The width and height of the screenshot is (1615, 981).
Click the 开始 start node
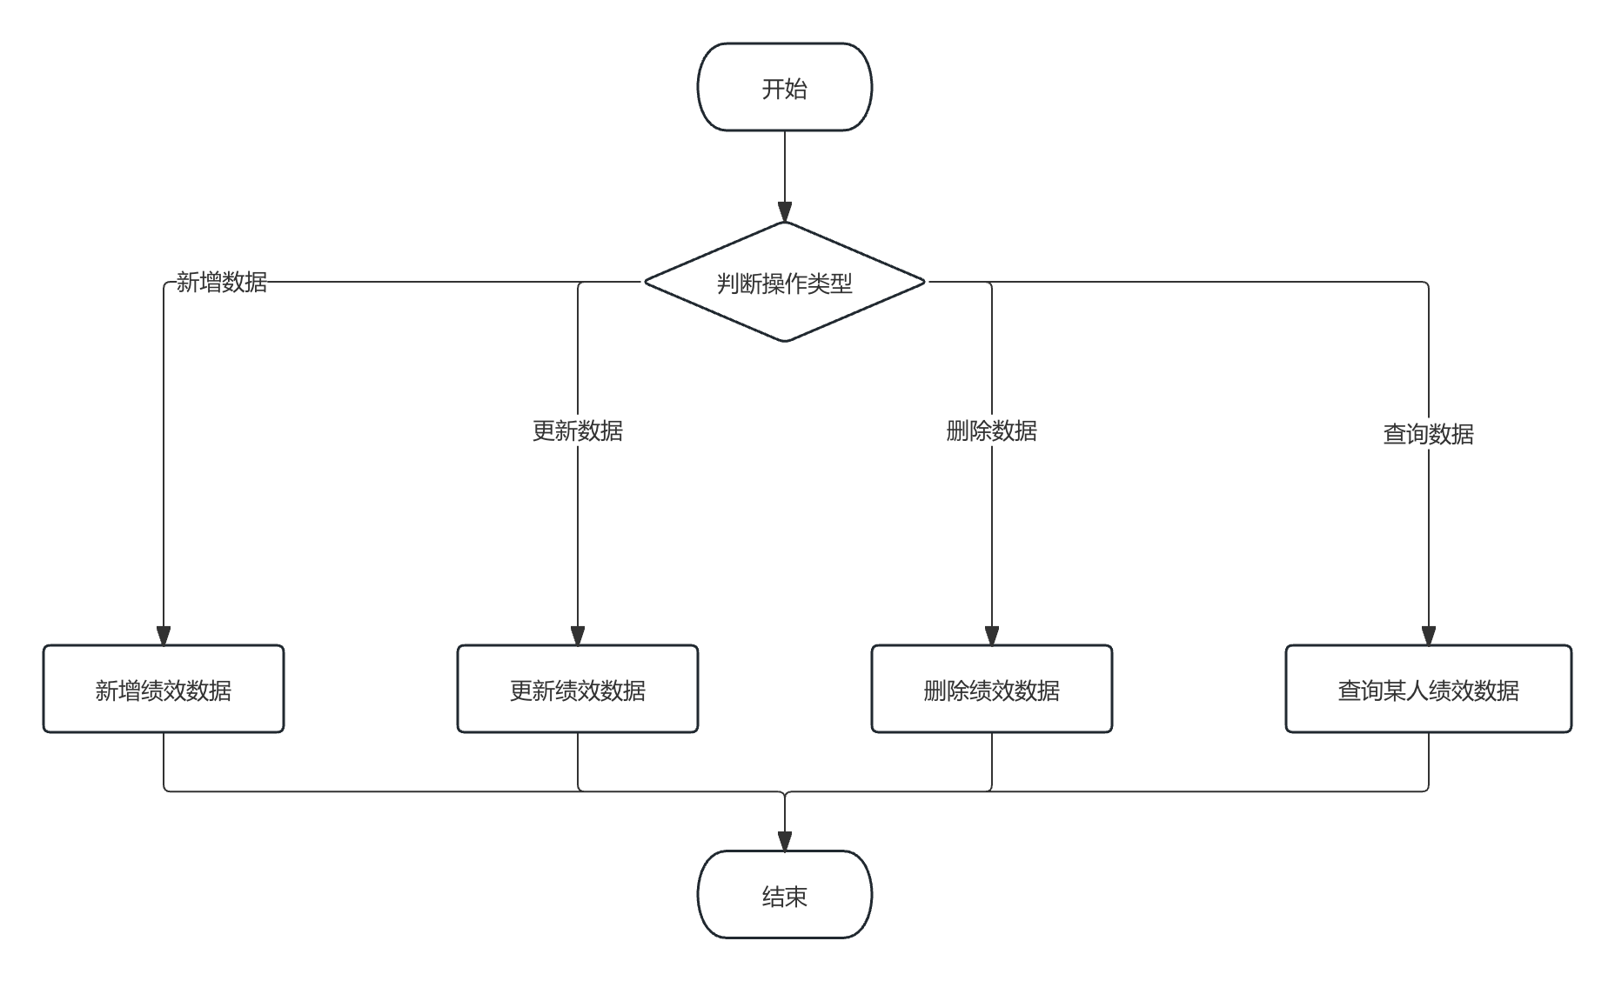pyautogui.click(x=784, y=88)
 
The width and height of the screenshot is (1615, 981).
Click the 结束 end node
pyautogui.click(x=784, y=895)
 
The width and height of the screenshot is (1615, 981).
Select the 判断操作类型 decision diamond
pyautogui.click(x=784, y=283)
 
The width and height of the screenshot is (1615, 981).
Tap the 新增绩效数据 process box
pyautogui.click(x=164, y=690)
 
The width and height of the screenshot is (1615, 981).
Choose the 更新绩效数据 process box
pyautogui.click(x=578, y=690)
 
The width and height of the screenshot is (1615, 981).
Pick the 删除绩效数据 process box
pyautogui.click(x=992, y=690)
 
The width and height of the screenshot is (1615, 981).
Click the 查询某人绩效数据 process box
pyautogui.click(x=1428, y=690)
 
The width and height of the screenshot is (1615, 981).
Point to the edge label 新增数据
pyautogui.click(x=222, y=282)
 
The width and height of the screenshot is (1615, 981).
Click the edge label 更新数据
pyautogui.click(x=578, y=430)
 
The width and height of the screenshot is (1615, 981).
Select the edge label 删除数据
pyautogui.click(x=992, y=430)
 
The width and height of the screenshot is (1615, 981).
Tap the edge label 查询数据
pyautogui.click(x=1428, y=433)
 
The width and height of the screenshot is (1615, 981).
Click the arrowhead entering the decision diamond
pyautogui.click(x=784, y=212)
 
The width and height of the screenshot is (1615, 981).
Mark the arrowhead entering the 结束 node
pyautogui.click(x=784, y=842)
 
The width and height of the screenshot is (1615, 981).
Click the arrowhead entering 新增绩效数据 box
pyautogui.click(x=164, y=636)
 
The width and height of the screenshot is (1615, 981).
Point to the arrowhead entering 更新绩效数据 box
pyautogui.click(x=578, y=636)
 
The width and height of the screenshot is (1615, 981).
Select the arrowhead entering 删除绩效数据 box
pyautogui.click(x=992, y=636)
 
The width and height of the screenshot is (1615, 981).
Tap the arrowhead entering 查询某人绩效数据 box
pyautogui.click(x=1428, y=636)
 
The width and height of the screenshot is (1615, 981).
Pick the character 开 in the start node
pyautogui.click(x=773, y=89)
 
